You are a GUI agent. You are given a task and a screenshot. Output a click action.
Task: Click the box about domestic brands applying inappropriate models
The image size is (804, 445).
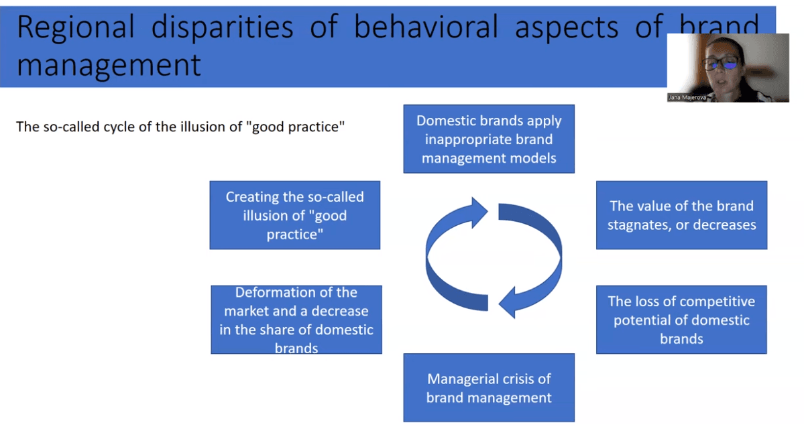click(x=489, y=139)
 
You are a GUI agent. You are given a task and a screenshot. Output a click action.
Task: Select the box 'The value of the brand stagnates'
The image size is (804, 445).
click(x=681, y=215)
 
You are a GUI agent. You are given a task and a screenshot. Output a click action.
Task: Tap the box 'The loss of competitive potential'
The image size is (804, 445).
click(x=681, y=320)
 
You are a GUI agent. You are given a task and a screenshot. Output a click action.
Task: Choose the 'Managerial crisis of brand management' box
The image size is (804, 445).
click(x=489, y=387)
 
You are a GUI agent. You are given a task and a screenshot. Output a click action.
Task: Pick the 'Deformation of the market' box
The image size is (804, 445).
click(x=296, y=320)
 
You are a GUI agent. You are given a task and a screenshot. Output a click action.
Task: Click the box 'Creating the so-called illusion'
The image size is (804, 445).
click(x=295, y=215)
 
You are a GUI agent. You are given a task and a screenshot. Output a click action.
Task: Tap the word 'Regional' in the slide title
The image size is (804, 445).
click(x=76, y=27)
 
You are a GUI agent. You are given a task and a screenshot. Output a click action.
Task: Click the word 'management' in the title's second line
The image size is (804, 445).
click(x=109, y=65)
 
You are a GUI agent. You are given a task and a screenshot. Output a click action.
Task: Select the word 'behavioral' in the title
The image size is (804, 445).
click(x=426, y=27)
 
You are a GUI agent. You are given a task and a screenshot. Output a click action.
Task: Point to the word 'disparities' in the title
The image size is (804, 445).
click(x=223, y=27)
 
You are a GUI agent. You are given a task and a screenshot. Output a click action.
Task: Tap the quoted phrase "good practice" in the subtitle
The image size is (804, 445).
click(x=298, y=127)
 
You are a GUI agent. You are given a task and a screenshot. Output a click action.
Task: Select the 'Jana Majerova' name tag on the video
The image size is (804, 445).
click(x=687, y=97)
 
